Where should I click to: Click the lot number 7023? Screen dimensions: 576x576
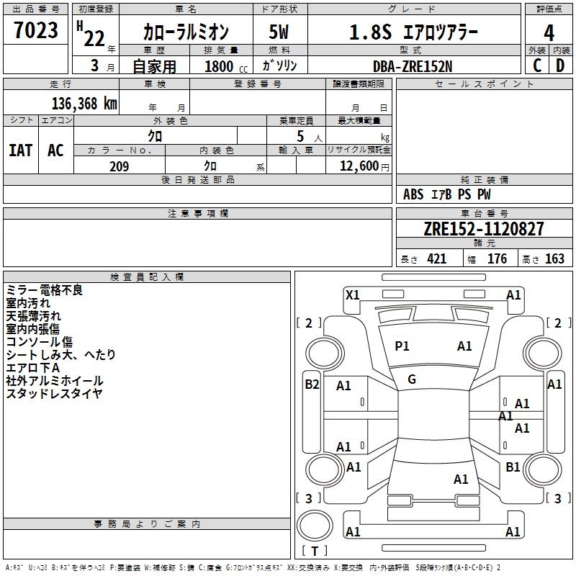(36, 31)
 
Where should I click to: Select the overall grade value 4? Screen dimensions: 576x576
(549, 33)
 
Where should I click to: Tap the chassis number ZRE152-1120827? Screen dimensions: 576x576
(483, 230)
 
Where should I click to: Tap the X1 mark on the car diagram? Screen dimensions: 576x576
(353, 294)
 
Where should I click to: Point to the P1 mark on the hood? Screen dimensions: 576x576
(402, 346)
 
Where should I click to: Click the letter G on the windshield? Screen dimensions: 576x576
(412, 379)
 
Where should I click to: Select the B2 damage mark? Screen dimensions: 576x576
(312, 384)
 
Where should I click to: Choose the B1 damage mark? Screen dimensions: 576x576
(513, 467)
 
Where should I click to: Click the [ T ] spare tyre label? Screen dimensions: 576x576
(315, 551)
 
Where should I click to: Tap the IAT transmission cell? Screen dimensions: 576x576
(20, 150)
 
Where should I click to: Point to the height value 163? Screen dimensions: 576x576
(554, 259)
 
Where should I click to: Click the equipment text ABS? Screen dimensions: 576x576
(413, 194)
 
